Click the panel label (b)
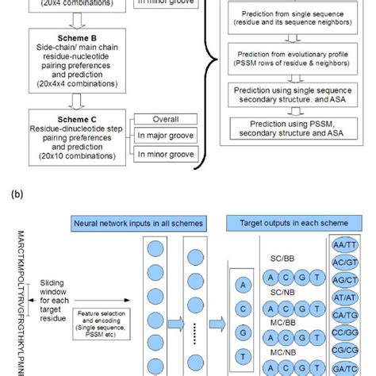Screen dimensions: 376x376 point(11,193)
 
